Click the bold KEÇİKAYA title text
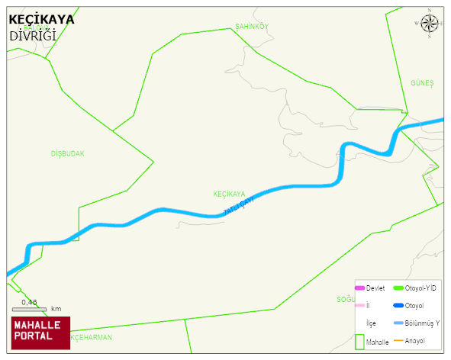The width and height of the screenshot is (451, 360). (x=41, y=20)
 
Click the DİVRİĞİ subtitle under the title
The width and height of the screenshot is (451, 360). (x=33, y=35)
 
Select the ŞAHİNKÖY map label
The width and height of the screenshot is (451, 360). (x=252, y=27)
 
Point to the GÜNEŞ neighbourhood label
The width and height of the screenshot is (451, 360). (x=422, y=82)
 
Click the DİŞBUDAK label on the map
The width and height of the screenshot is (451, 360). (x=68, y=153)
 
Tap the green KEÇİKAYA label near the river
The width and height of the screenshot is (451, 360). (x=229, y=194)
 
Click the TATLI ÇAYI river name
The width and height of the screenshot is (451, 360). (x=237, y=206)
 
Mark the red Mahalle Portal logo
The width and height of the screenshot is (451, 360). (x=40, y=332)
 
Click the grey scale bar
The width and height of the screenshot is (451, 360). (x=30, y=309)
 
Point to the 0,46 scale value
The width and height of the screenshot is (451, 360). (x=30, y=302)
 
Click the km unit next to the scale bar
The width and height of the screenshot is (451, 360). (x=56, y=309)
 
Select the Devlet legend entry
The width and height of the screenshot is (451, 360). (x=375, y=288)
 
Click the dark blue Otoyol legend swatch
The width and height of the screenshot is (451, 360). (x=398, y=306)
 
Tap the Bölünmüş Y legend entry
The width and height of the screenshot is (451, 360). (x=421, y=323)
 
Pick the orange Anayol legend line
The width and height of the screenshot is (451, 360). (x=398, y=340)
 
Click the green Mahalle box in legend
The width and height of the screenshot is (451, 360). (x=359, y=342)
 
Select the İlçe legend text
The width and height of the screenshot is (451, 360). (x=371, y=323)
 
